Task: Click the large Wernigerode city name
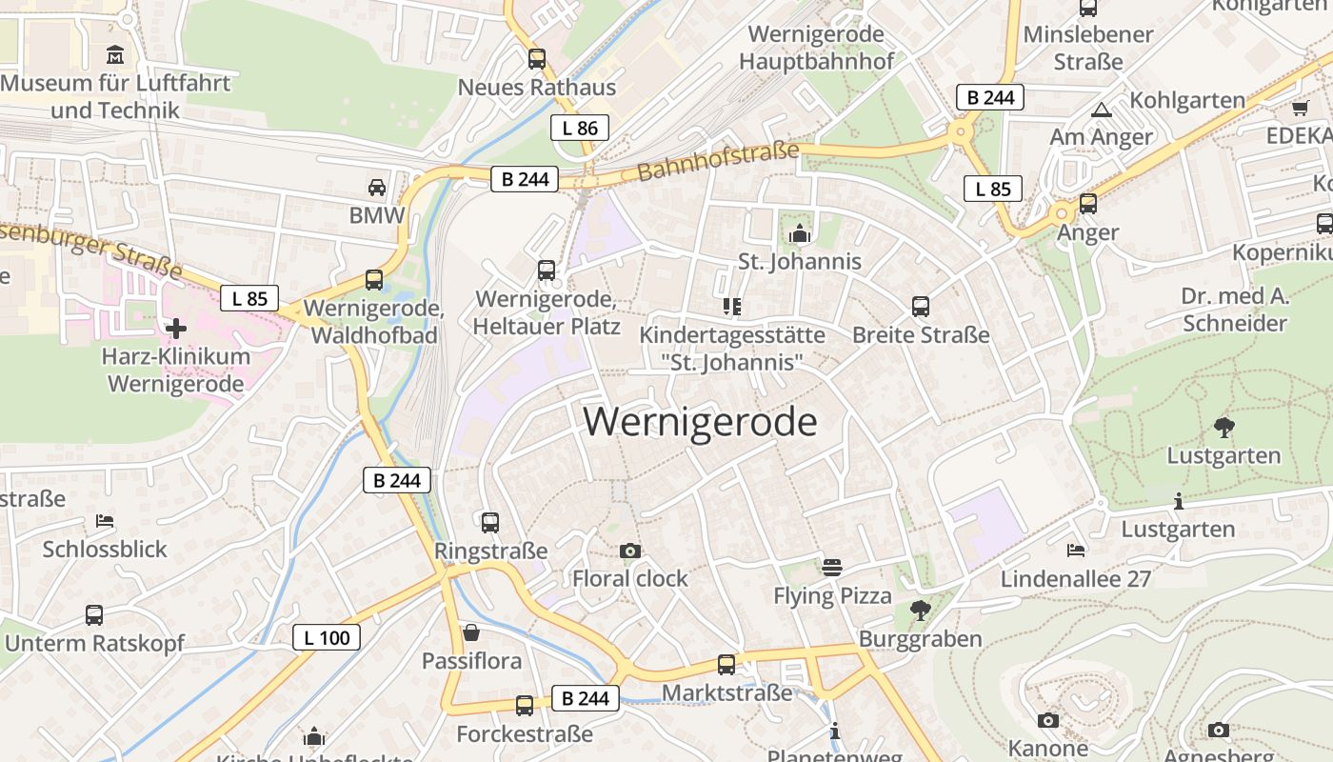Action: tap(700, 422)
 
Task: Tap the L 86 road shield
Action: tap(579, 128)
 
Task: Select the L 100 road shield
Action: tap(327, 637)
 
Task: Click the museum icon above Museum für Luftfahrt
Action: tap(115, 53)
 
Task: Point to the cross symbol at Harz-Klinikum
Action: tap(176, 329)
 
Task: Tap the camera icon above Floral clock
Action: tap(629, 551)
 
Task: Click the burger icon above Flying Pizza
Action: tap(832, 568)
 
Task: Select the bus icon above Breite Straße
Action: tap(921, 307)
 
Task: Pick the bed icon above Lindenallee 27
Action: tap(1075, 551)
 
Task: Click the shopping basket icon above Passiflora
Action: tap(471, 632)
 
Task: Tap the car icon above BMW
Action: tap(377, 187)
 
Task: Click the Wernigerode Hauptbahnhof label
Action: tap(816, 48)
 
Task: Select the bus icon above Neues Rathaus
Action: tap(537, 59)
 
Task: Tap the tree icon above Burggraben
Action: tap(920, 610)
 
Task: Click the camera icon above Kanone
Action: tap(1048, 720)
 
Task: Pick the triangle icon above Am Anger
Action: tap(1102, 110)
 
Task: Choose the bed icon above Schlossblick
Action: tap(105, 521)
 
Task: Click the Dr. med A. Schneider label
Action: tap(1235, 310)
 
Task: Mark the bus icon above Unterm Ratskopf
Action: tap(93, 615)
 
